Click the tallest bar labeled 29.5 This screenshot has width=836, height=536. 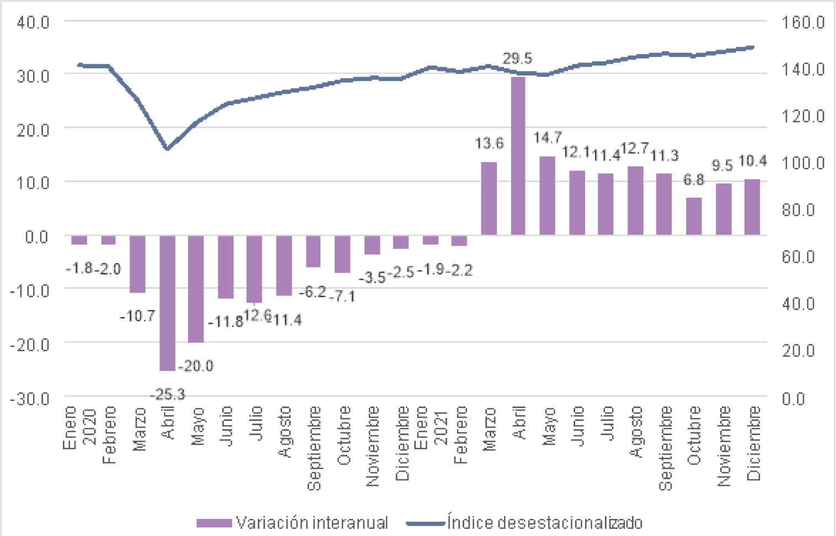[518, 156]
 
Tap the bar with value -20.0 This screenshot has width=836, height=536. [196, 289]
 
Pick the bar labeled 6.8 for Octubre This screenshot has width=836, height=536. [694, 216]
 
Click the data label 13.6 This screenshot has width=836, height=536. [489, 144]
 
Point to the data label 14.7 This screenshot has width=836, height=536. [547, 138]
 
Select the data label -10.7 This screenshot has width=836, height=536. [137, 316]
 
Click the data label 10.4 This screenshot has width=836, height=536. [752, 161]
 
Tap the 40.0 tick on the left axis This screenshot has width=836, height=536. [33, 22]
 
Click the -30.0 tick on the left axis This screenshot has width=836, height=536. [30, 398]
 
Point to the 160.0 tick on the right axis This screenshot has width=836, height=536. [803, 22]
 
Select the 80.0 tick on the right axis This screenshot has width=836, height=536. [799, 210]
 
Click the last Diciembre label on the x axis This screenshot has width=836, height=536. [753, 443]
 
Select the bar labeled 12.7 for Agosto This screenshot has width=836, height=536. [635, 201]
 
